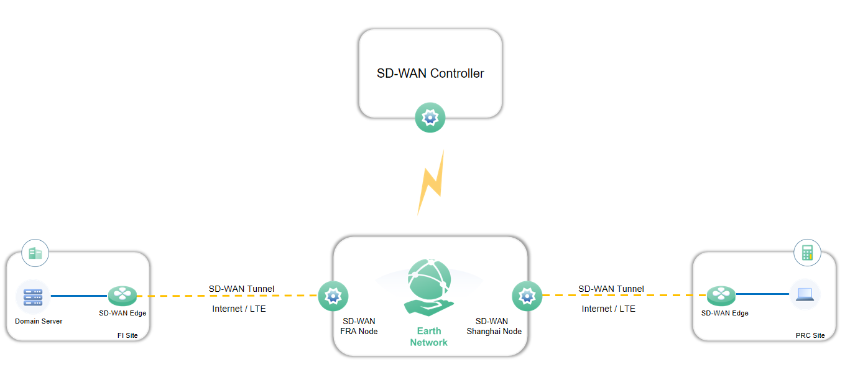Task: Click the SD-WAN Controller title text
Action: [x=430, y=73]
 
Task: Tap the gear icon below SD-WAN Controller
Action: [x=430, y=118]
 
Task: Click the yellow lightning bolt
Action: [x=431, y=182]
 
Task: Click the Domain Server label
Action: [x=39, y=321]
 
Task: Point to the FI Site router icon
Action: [x=122, y=296]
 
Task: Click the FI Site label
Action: [x=127, y=335]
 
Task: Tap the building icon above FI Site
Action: [x=35, y=253]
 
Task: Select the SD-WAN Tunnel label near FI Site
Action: [x=241, y=289]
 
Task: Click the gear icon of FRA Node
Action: [x=333, y=296]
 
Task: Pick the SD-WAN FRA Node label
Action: [x=359, y=326]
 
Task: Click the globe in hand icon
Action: [x=429, y=285]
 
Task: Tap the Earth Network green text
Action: [x=428, y=337]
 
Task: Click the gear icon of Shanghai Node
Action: [x=527, y=296]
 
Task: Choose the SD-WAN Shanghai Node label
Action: [x=494, y=326]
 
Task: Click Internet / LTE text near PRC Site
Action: [x=609, y=309]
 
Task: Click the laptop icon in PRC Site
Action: [x=805, y=294]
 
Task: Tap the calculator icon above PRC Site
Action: [x=807, y=253]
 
